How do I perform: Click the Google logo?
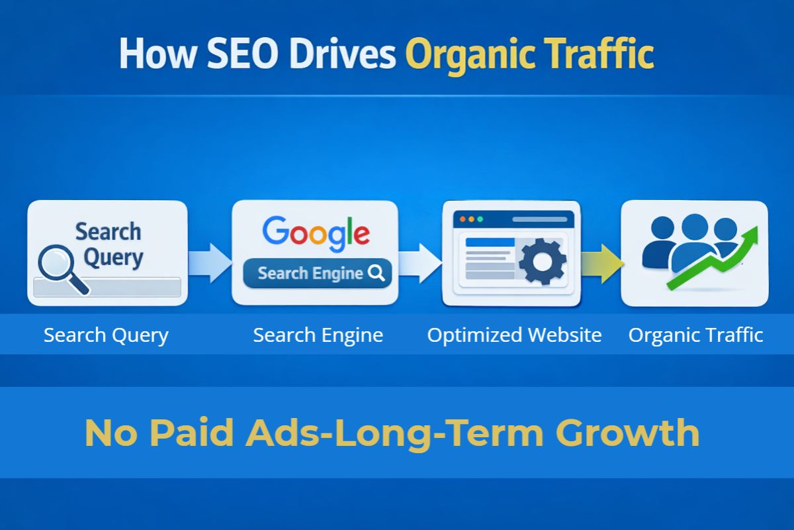(316, 233)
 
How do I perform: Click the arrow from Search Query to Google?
(209, 262)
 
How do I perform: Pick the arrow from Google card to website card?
(420, 262)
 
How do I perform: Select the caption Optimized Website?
(514, 335)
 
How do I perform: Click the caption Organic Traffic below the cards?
(695, 335)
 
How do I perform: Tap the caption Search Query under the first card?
(106, 335)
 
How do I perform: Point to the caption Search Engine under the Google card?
(318, 335)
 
